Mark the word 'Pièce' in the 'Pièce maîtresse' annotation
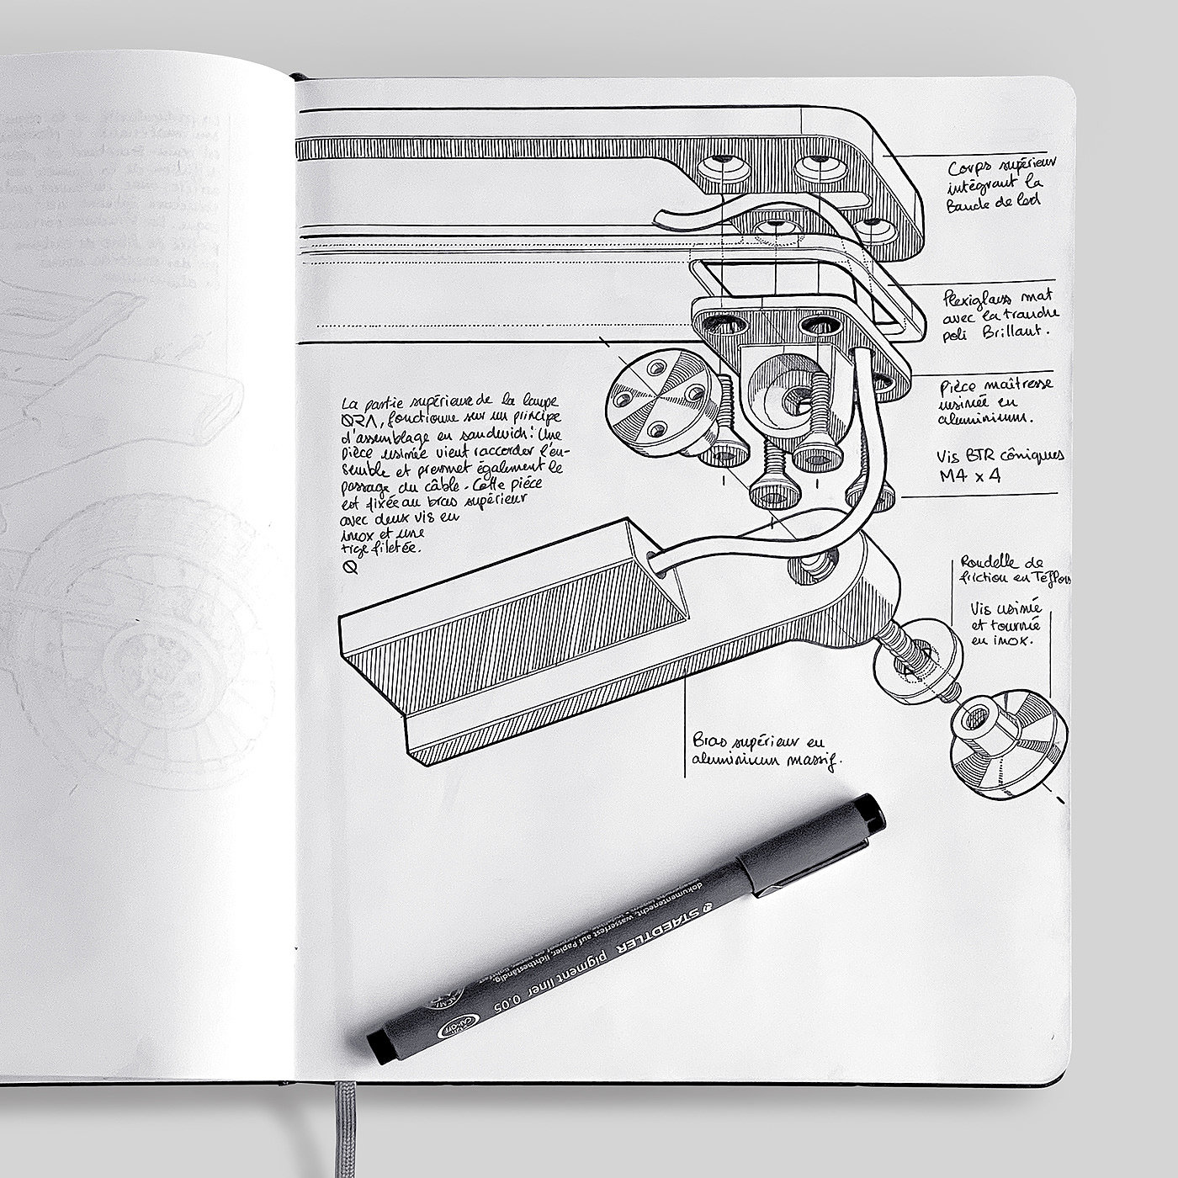[x=957, y=389]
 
